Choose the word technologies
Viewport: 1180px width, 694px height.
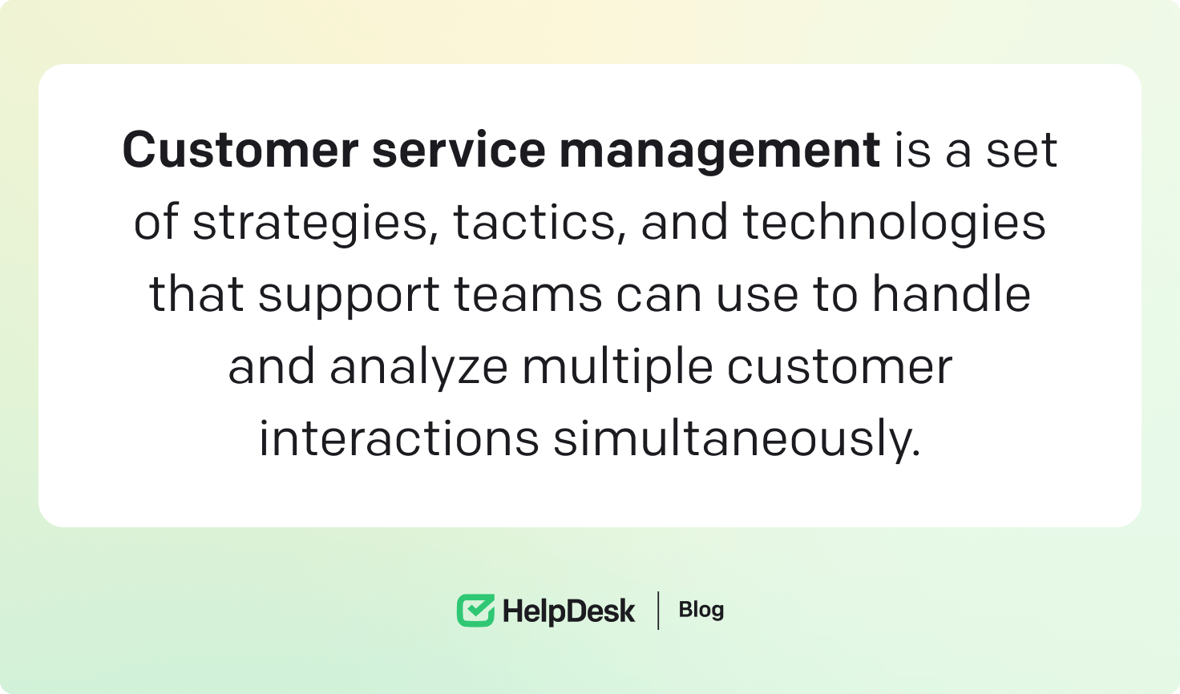pos(894,224)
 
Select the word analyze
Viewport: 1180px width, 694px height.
pos(418,368)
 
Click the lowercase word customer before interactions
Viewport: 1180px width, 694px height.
pos(839,367)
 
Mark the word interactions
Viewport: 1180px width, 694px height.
pos(398,439)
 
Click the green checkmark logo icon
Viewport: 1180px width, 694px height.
pos(475,611)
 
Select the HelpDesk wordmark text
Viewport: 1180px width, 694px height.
pos(568,611)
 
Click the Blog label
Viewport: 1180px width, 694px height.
pos(701,610)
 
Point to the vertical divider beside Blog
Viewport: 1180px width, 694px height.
pos(658,611)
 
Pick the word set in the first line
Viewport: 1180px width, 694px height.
pos(1021,151)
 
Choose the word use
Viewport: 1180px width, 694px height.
pos(757,295)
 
